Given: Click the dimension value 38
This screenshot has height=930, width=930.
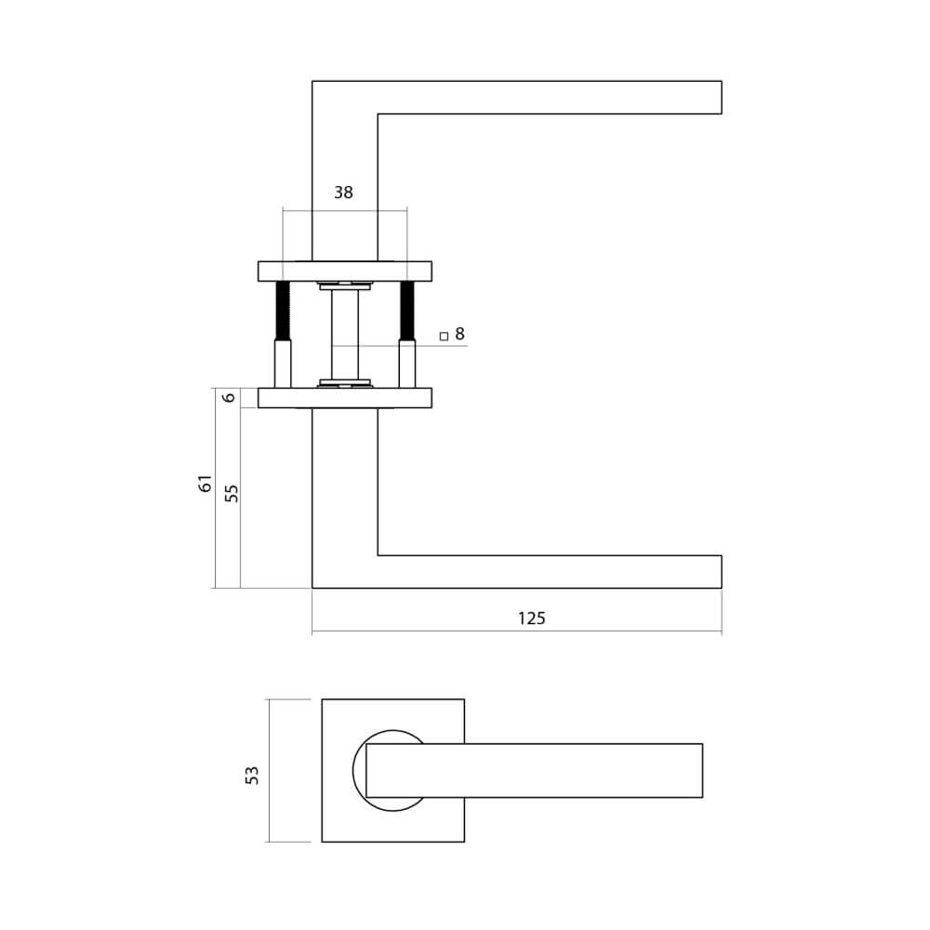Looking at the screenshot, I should coord(344,193).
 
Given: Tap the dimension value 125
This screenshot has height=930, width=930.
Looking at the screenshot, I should coord(530,618).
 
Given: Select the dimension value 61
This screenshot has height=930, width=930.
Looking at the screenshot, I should coord(206,484).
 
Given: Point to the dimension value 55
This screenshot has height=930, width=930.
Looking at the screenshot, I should coord(232,493).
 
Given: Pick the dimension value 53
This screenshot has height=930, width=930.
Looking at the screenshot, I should coord(252,774).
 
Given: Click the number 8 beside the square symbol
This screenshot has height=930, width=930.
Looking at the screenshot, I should coord(459,333).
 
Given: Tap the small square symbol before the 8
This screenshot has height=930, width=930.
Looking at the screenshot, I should coord(444,335).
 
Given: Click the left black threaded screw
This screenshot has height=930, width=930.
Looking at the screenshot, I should coord(283,311).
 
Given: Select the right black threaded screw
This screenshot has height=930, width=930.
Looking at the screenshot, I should coord(406,311).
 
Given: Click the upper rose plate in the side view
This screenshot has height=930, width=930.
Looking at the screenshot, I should coord(344,271).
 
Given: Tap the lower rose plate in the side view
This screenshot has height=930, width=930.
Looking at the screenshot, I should coord(344,398).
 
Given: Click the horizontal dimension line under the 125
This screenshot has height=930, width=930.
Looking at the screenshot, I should coord(516,632).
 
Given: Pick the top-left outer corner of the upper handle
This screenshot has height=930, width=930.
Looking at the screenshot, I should coord(312,82).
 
